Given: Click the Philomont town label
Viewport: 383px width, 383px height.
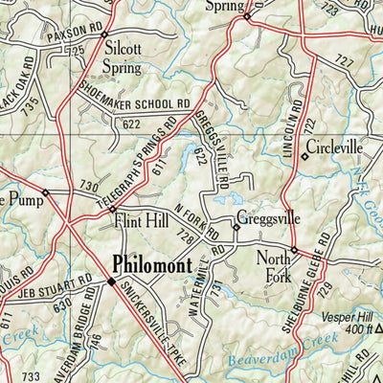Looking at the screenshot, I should point(151,263).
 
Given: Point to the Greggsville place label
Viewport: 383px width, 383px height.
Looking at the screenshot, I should point(268,218).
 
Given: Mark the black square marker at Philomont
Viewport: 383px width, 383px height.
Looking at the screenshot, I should point(111,282).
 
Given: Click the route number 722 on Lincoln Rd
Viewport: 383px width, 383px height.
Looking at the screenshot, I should point(308,126).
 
